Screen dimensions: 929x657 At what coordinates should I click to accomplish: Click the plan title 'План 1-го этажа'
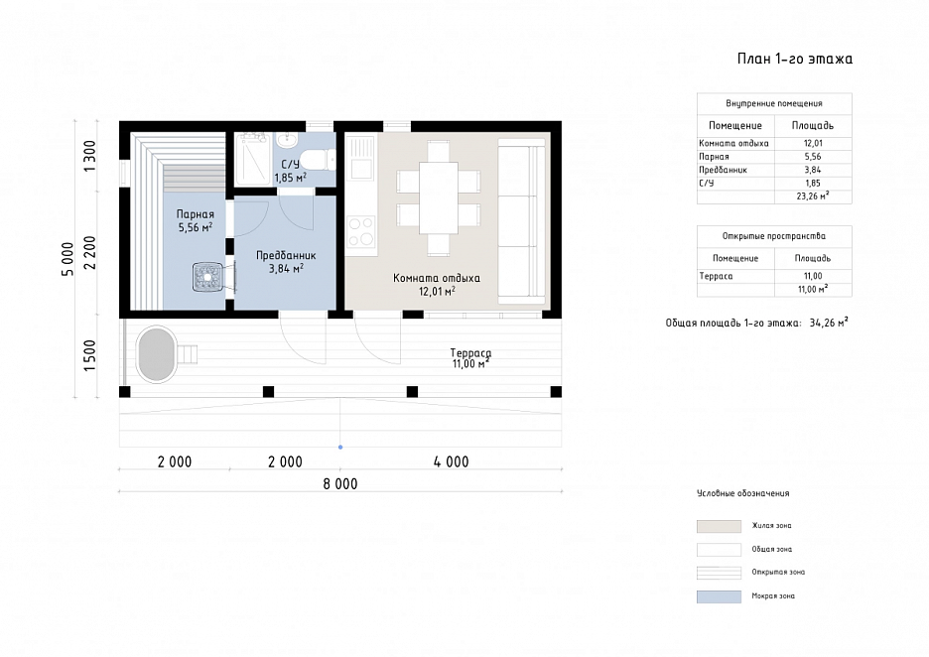[x=794, y=59]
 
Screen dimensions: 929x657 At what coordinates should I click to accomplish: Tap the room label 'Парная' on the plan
[x=195, y=214]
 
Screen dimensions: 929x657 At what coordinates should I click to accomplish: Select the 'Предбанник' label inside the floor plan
[x=286, y=255]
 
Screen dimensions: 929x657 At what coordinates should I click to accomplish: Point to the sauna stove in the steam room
[x=208, y=277]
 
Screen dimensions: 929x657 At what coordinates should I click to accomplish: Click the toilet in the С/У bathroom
[x=319, y=160]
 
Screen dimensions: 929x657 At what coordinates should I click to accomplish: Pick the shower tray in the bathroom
[x=253, y=160]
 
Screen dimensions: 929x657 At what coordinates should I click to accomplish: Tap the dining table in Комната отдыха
[x=439, y=197]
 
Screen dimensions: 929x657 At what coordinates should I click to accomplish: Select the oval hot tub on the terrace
[x=157, y=354]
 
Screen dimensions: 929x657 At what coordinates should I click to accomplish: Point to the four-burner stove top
[x=361, y=232]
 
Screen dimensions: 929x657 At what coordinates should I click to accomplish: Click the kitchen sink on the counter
[x=361, y=159]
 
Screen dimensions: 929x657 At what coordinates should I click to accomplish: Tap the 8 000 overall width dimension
[x=340, y=484]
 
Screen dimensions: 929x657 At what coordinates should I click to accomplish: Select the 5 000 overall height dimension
[x=68, y=259]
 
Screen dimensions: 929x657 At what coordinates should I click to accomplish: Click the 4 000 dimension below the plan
[x=451, y=461]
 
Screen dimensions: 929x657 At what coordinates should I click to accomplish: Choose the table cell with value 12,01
[x=813, y=143]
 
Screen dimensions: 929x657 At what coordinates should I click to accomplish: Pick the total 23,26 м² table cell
[x=813, y=197]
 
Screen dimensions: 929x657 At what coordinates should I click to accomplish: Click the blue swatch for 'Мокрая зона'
[x=719, y=596]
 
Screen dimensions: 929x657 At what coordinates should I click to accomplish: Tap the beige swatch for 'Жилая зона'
[x=719, y=526]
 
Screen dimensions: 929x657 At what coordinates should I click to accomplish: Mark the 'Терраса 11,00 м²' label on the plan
[x=471, y=358]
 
